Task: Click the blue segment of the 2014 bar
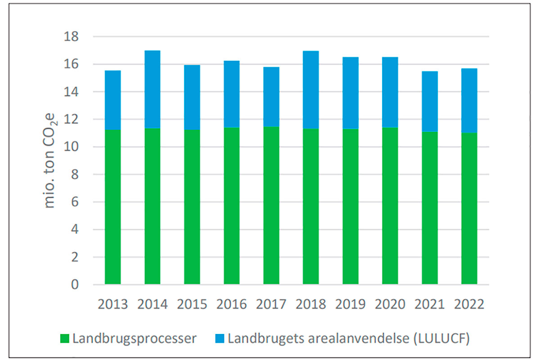click(152, 89)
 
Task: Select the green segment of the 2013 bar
click(112, 207)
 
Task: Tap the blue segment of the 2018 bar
click(310, 90)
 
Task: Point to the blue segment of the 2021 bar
click(429, 101)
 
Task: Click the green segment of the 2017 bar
click(271, 205)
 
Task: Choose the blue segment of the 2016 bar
click(231, 94)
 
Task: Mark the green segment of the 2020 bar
click(390, 206)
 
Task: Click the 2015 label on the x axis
click(192, 304)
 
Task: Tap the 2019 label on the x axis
click(350, 304)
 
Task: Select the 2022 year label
click(469, 304)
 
